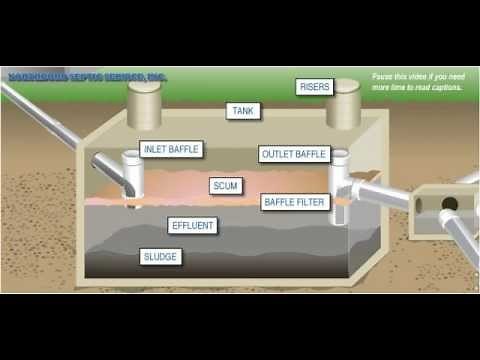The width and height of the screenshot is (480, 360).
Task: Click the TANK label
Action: [x=243, y=111]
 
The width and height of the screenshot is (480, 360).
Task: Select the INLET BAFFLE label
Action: [x=171, y=150]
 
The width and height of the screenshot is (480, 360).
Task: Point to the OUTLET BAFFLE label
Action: [x=294, y=154]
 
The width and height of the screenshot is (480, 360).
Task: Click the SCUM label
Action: [x=225, y=186]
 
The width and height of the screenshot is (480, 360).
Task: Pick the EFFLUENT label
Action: [x=192, y=226]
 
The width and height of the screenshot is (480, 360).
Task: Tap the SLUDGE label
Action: [x=160, y=257]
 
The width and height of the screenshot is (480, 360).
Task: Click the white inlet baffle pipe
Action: [x=131, y=176]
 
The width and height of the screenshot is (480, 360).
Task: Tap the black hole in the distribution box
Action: [x=449, y=204]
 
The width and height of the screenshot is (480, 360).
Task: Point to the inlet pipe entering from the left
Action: [x=50, y=117]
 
